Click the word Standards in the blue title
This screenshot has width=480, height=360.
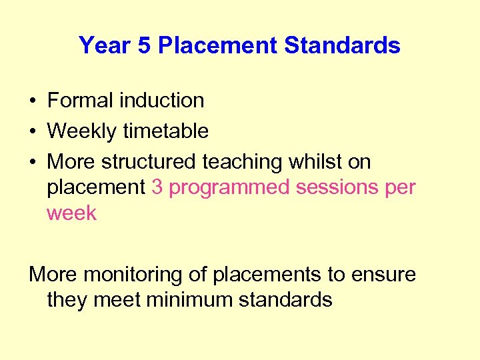[x=342, y=45]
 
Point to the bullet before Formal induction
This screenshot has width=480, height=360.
[x=33, y=101]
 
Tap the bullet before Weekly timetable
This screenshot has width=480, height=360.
[x=33, y=132]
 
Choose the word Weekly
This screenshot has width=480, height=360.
[x=82, y=131]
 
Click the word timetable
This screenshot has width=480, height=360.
[x=165, y=131]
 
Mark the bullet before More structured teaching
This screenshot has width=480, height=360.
[x=33, y=163]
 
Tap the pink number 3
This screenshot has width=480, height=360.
[x=157, y=188]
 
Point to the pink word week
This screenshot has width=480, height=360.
[x=71, y=214]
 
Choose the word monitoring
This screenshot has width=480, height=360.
[x=146, y=274]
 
